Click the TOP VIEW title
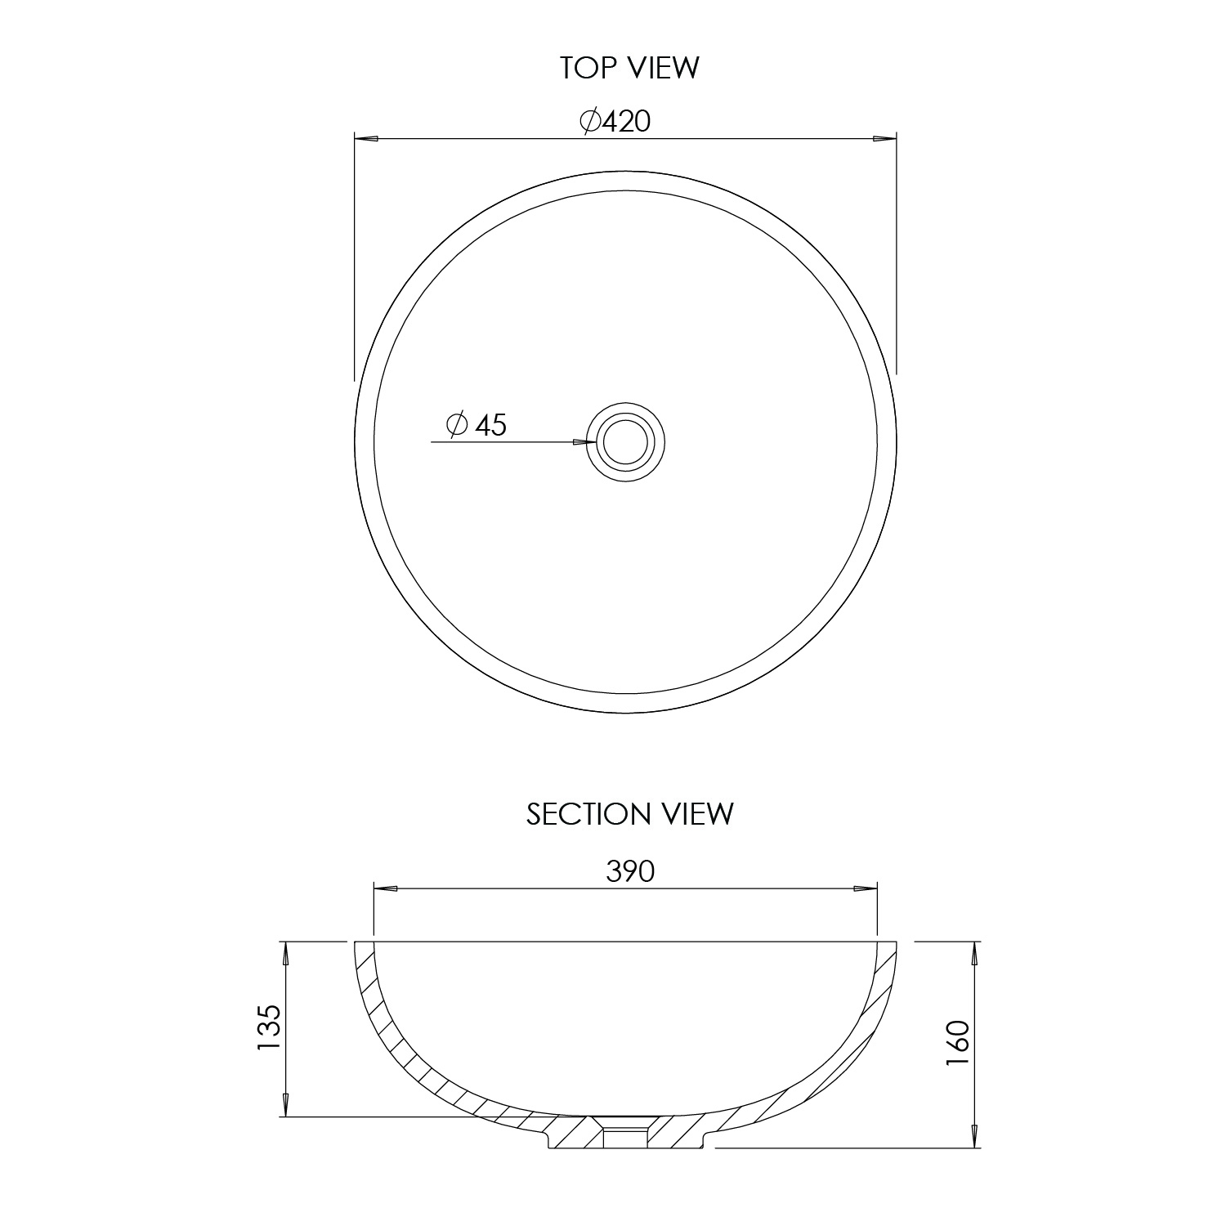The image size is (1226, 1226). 629,68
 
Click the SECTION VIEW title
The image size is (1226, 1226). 630,814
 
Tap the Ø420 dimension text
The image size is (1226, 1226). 615,121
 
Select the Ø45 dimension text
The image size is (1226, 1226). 477,424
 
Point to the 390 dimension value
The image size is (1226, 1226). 630,872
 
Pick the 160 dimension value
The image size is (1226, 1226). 956,1043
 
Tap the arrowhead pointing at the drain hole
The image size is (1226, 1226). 584,442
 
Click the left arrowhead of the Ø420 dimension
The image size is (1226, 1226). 365,139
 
